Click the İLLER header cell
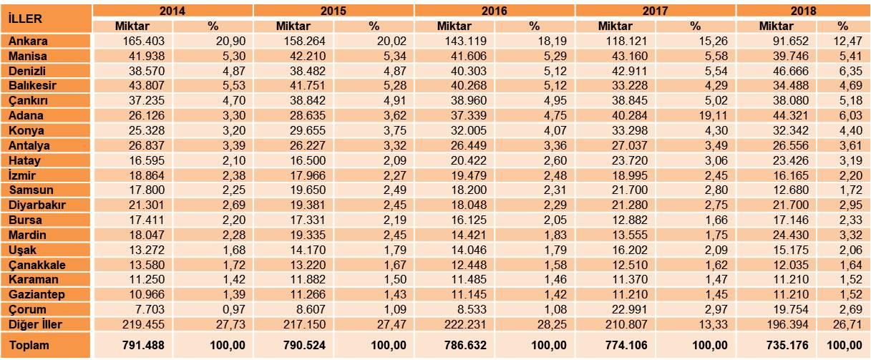pyautogui.click(x=25, y=19)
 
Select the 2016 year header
pyautogui.click(x=495, y=11)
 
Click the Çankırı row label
pyautogui.click(x=28, y=101)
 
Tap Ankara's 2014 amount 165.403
pyautogui.click(x=143, y=41)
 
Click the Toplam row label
pyautogui.click(x=29, y=345)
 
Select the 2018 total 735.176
pyautogui.click(x=787, y=345)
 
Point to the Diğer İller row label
pyautogui.click(x=35, y=324)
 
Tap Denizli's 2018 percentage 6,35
pyautogui.click(x=851, y=71)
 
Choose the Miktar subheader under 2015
pyautogui.click(x=293, y=26)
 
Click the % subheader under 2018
pyautogui.click(x=842, y=26)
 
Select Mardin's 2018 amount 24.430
pyautogui.click(x=791, y=235)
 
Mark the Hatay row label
pyautogui.click(x=24, y=160)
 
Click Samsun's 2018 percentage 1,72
pyautogui.click(x=851, y=190)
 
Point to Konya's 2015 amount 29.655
pyautogui.click(x=308, y=131)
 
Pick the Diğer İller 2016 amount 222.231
pyautogui.click(x=465, y=324)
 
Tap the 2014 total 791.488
pyautogui.click(x=143, y=345)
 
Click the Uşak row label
pyautogui.click(x=22, y=250)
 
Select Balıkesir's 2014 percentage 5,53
pyautogui.click(x=234, y=86)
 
